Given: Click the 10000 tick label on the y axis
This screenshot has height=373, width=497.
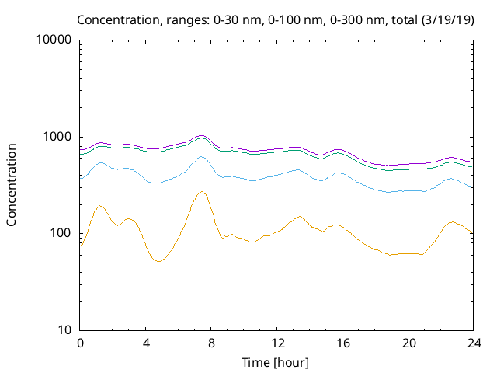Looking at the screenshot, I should pos(54,40).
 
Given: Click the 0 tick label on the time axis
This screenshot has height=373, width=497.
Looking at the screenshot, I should pos(80,343).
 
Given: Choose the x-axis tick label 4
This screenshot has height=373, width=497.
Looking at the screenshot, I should pos(146,343).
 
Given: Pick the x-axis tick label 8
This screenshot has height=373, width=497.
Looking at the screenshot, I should pos(211,343).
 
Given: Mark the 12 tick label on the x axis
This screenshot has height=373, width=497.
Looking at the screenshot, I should pos(276,343).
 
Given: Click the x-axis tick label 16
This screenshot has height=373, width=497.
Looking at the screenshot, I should pos(342,343).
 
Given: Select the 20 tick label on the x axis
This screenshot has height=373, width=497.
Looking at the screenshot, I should pos(408,343).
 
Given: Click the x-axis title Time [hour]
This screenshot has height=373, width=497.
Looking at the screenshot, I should pos(276,362).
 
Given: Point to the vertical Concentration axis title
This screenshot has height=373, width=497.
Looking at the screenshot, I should pos(12,185).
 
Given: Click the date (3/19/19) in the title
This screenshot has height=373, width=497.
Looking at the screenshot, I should pos(448,18).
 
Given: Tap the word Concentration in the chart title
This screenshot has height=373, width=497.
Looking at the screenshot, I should pos(116,18).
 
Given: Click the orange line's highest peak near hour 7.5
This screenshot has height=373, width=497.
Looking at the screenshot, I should pos(202,191).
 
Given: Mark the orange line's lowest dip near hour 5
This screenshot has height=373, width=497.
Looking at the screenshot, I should pos(158,261).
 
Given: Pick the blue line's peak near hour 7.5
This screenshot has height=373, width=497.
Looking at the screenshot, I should pos(202,157).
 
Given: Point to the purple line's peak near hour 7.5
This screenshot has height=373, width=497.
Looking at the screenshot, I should pos(202,135).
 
